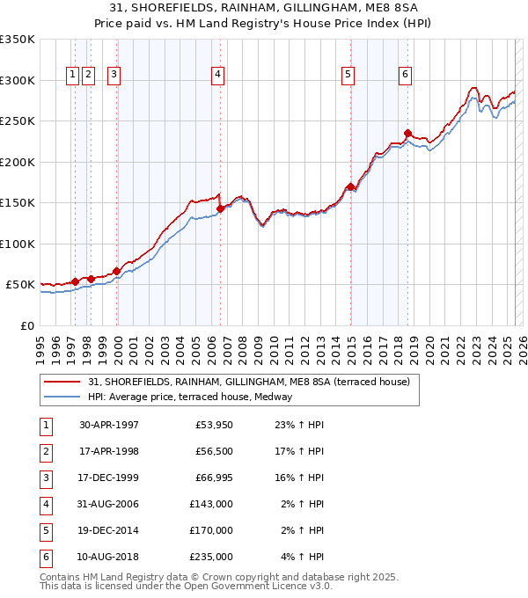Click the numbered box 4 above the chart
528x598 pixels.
pos(216,76)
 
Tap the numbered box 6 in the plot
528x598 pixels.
pos(405,76)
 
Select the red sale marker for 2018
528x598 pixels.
pos(407,134)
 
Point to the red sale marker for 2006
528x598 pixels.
pos(220,208)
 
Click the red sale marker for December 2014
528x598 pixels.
pos(350,186)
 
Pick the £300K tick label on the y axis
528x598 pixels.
pos(18,80)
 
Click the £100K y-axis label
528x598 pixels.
pos(18,244)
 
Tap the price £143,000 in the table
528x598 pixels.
pos(211,505)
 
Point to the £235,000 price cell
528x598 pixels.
pos(211,557)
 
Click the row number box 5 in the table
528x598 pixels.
pos(45,530)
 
